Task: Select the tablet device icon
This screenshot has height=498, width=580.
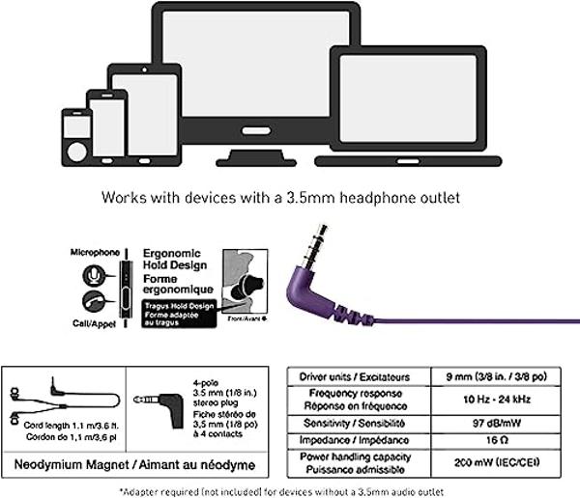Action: [145, 111]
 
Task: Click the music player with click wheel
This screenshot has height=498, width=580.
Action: [75, 136]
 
